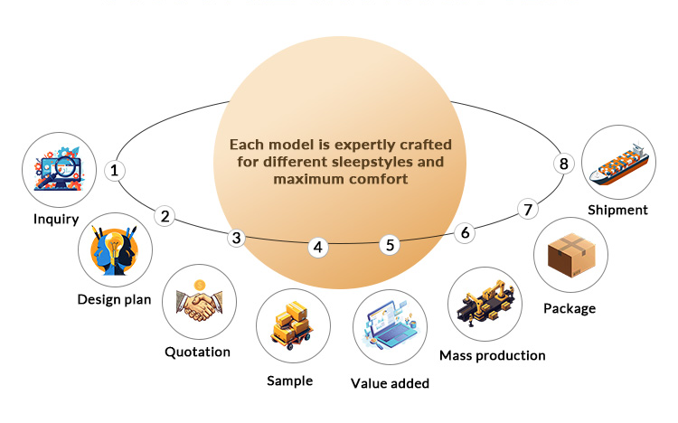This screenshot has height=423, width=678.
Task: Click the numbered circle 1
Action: pyautogui.click(x=114, y=169)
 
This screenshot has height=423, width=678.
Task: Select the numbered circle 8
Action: pyautogui.click(x=563, y=164)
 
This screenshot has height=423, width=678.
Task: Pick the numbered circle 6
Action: pyautogui.click(x=465, y=232)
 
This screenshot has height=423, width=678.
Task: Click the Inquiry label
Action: pyautogui.click(x=57, y=219)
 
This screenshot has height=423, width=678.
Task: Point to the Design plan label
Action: pyautogui.click(x=113, y=299)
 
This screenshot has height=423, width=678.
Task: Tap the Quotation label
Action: pyautogui.click(x=197, y=352)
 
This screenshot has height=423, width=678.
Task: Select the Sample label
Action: pyautogui.click(x=289, y=381)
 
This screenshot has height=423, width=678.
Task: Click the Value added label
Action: pyautogui.click(x=390, y=382)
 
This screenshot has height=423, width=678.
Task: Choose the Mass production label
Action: pyautogui.click(x=492, y=355)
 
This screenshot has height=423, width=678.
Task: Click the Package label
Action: pyautogui.click(x=570, y=308)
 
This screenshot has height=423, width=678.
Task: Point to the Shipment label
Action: pyautogui.click(x=617, y=210)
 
